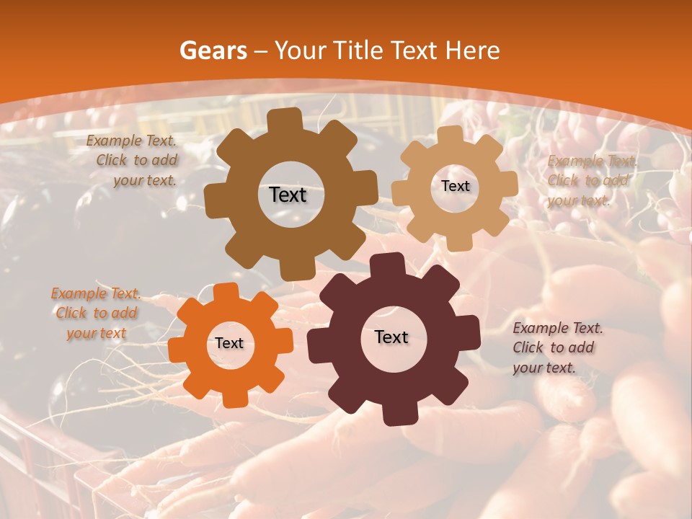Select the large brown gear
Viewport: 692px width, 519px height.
pyautogui.click(x=238, y=216)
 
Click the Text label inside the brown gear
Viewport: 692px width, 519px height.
pyautogui.click(x=288, y=195)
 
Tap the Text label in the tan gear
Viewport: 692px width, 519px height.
pyautogui.click(x=455, y=186)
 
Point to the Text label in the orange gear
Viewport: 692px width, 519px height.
pyautogui.click(x=229, y=343)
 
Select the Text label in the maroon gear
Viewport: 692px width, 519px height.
pyautogui.click(x=391, y=337)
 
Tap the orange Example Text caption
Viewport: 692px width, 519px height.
pyautogui.click(x=96, y=314)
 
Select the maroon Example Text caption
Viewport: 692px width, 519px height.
pyautogui.click(x=556, y=347)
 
